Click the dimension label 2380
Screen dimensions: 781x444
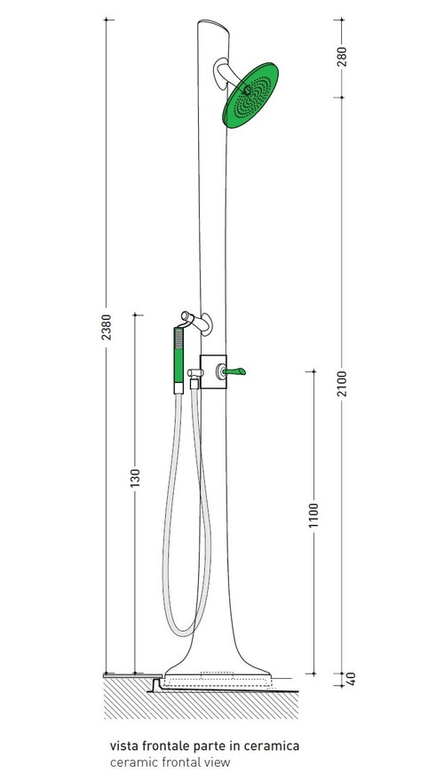tap(107, 329)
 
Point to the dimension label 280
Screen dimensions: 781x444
tap(343, 57)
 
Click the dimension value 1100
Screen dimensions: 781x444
tap(313, 515)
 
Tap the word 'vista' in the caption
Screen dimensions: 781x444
tap(124, 746)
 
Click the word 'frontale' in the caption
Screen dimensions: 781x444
tap(169, 746)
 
